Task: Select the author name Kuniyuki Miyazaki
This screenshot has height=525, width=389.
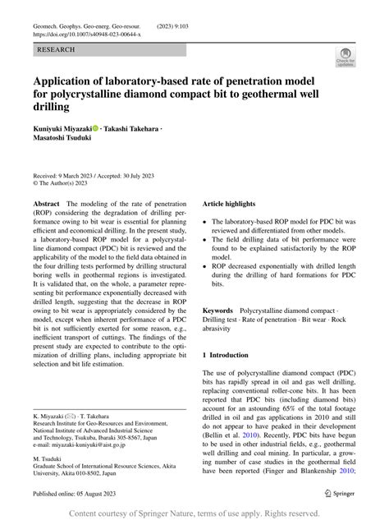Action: [x=62, y=129]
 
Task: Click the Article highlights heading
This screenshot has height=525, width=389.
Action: [x=237, y=202]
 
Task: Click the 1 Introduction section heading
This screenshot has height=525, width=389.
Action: [x=236, y=354]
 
